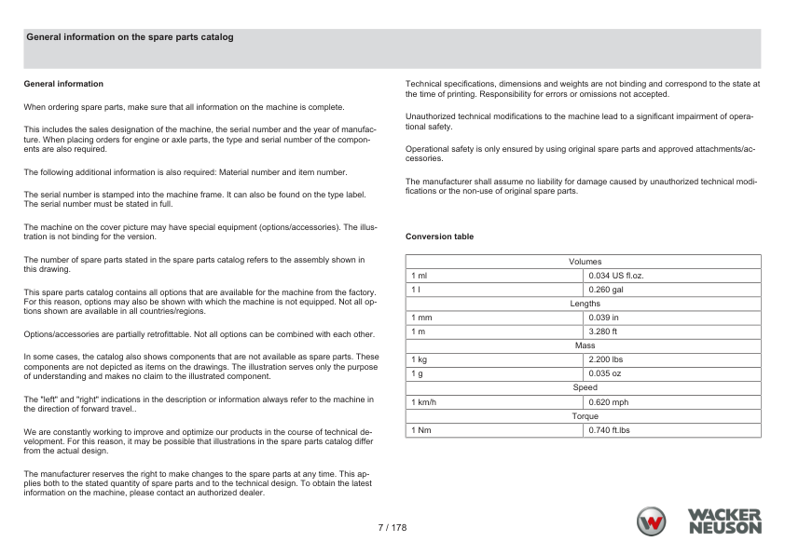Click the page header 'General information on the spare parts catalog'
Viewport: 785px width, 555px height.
click(130, 37)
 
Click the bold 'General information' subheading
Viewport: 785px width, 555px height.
click(63, 84)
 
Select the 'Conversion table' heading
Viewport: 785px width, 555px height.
click(439, 237)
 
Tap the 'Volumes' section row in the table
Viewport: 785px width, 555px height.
click(585, 262)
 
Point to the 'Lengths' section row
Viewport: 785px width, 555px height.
click(585, 304)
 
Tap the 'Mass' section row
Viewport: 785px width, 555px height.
click(585, 345)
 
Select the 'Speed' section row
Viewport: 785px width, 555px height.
click(585, 387)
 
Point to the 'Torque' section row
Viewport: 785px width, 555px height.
click(585, 415)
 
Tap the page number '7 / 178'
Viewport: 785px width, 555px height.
click(392, 528)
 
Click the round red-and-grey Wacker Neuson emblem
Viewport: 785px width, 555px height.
click(652, 521)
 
